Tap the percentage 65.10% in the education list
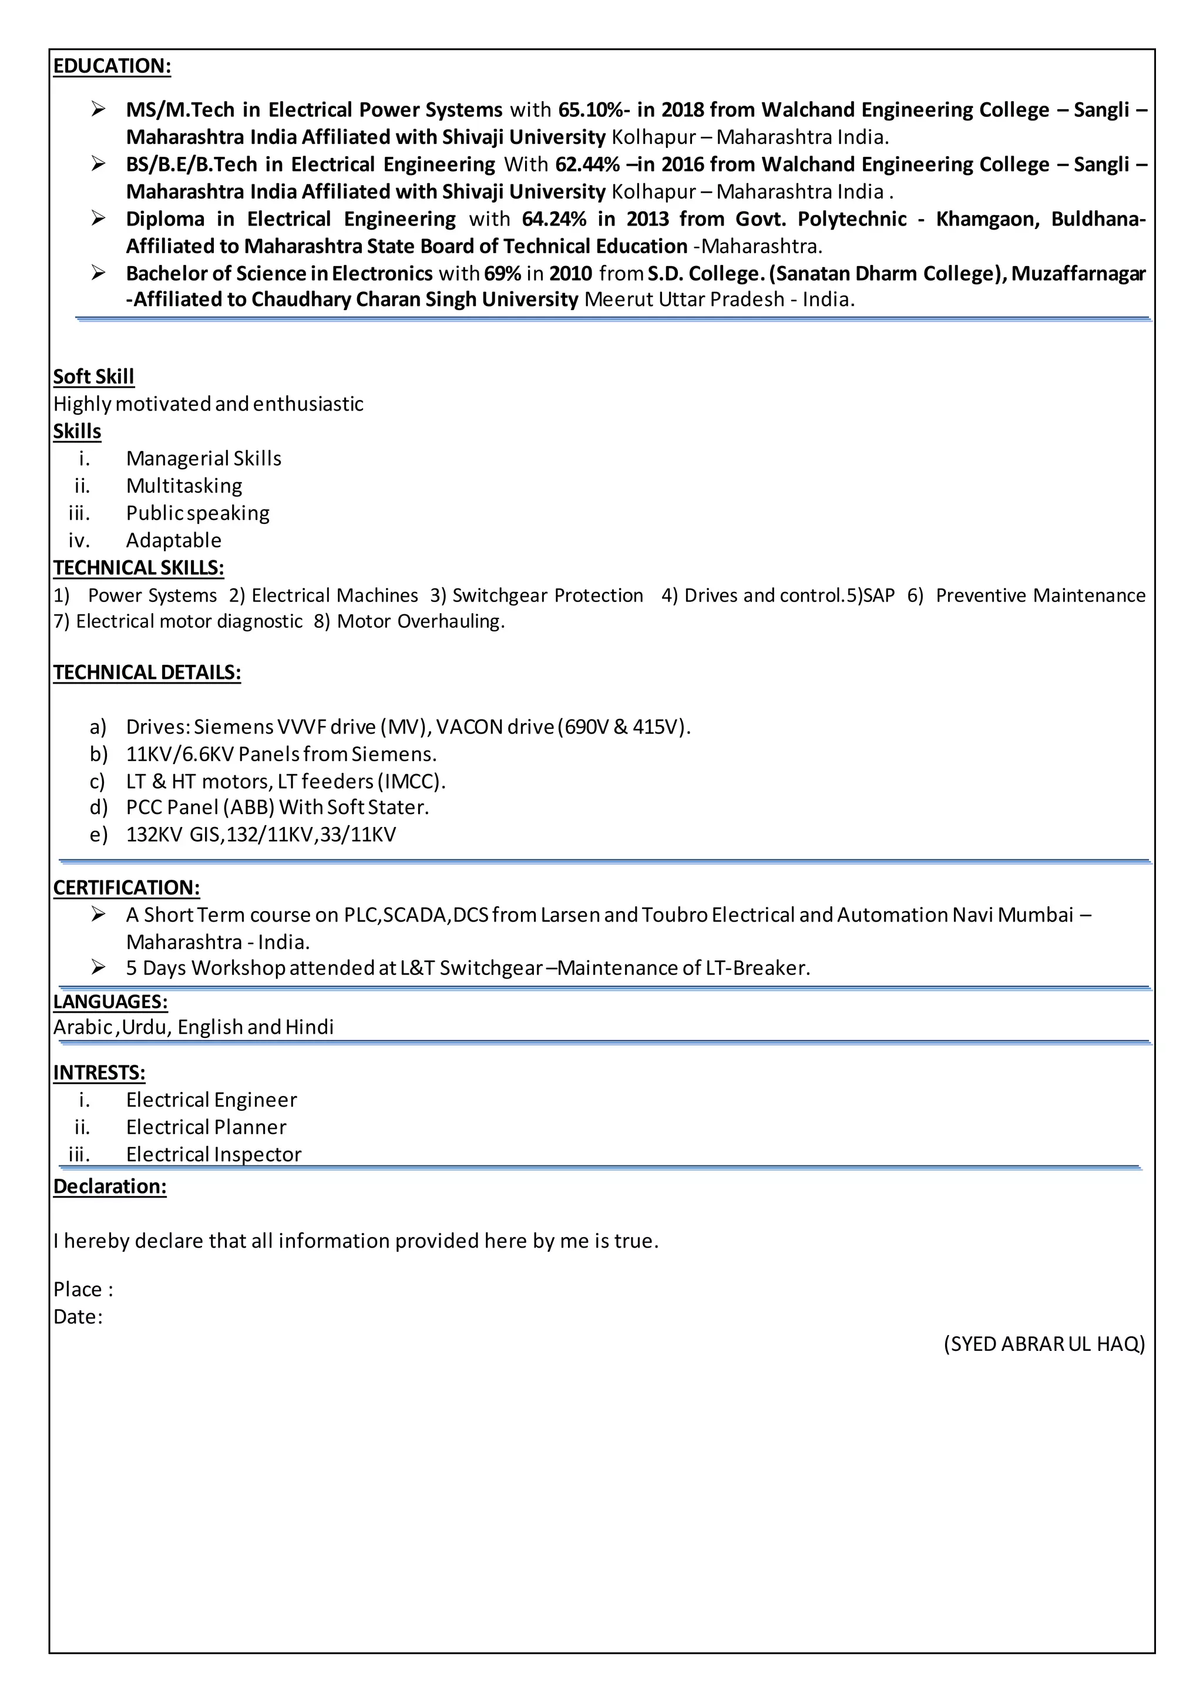pos(590,110)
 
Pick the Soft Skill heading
pos(93,377)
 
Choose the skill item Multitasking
pos(184,486)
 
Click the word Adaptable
pos(173,541)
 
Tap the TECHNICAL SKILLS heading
pos(139,568)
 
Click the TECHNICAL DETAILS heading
pos(147,673)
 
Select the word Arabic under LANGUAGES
pos(82,1027)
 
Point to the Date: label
pos(78,1316)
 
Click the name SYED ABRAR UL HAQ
pos(1044,1344)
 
